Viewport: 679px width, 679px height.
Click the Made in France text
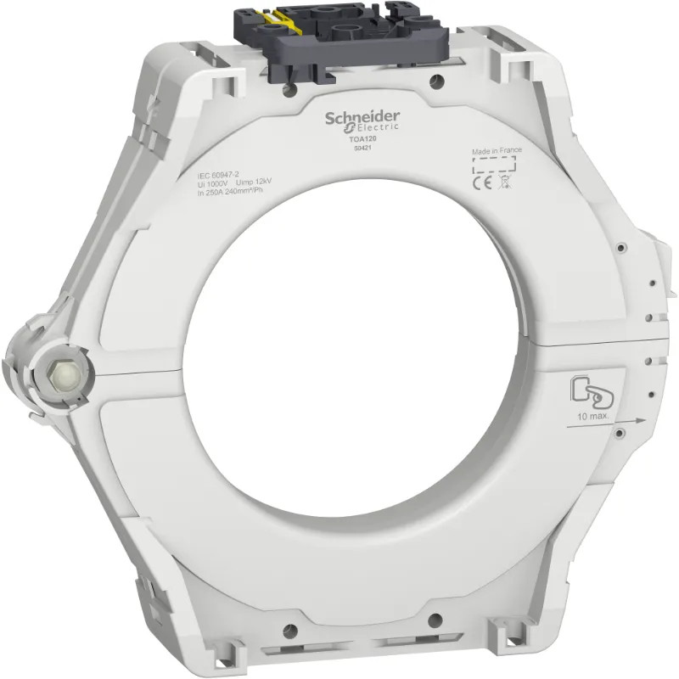497,150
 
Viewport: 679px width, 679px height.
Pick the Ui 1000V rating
212,183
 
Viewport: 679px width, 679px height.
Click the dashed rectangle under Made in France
496,164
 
